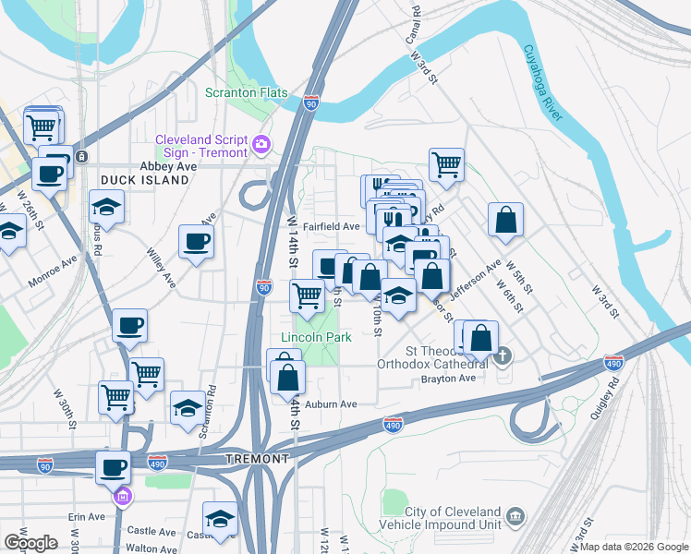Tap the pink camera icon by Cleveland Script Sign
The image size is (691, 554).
[261, 144]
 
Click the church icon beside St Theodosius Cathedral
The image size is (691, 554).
[503, 355]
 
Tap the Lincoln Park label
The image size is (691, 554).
[317, 337]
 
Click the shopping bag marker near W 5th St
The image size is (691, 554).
[505, 221]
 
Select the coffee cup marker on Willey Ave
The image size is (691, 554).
[197, 242]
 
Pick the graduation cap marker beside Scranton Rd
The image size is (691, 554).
[188, 409]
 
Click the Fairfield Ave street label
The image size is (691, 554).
[337, 226]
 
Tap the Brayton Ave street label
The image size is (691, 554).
[448, 379]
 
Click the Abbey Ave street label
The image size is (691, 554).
[168, 166]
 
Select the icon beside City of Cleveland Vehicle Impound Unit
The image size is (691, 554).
[515, 513]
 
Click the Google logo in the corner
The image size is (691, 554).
[30, 542]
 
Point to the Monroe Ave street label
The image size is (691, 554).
[53, 264]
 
